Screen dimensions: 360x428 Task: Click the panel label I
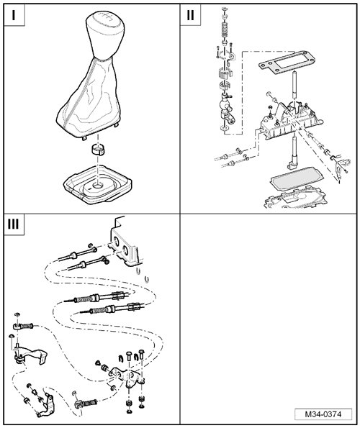pyautogui.click(x=14, y=15)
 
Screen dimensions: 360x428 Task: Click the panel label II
pyautogui.click(x=190, y=15)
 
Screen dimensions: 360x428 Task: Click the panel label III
pyautogui.click(x=14, y=224)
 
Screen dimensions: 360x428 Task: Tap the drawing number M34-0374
pyautogui.click(x=323, y=414)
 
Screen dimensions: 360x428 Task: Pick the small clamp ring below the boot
pyautogui.click(x=98, y=149)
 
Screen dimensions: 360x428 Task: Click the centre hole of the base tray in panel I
pyautogui.click(x=97, y=186)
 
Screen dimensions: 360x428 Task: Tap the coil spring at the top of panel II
pyautogui.click(x=224, y=29)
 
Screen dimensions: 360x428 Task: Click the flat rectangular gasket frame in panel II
pyautogui.click(x=286, y=63)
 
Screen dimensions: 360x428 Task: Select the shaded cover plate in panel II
pyautogui.click(x=297, y=178)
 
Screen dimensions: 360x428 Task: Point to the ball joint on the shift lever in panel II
pyautogui.click(x=225, y=105)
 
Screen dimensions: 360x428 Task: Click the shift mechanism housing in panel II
pyautogui.click(x=290, y=120)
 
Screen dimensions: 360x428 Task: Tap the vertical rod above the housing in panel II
pyautogui.click(x=294, y=85)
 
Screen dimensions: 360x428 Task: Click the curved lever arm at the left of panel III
pyautogui.click(x=30, y=354)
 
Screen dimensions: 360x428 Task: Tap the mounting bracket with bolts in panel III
pyautogui.click(x=127, y=375)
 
